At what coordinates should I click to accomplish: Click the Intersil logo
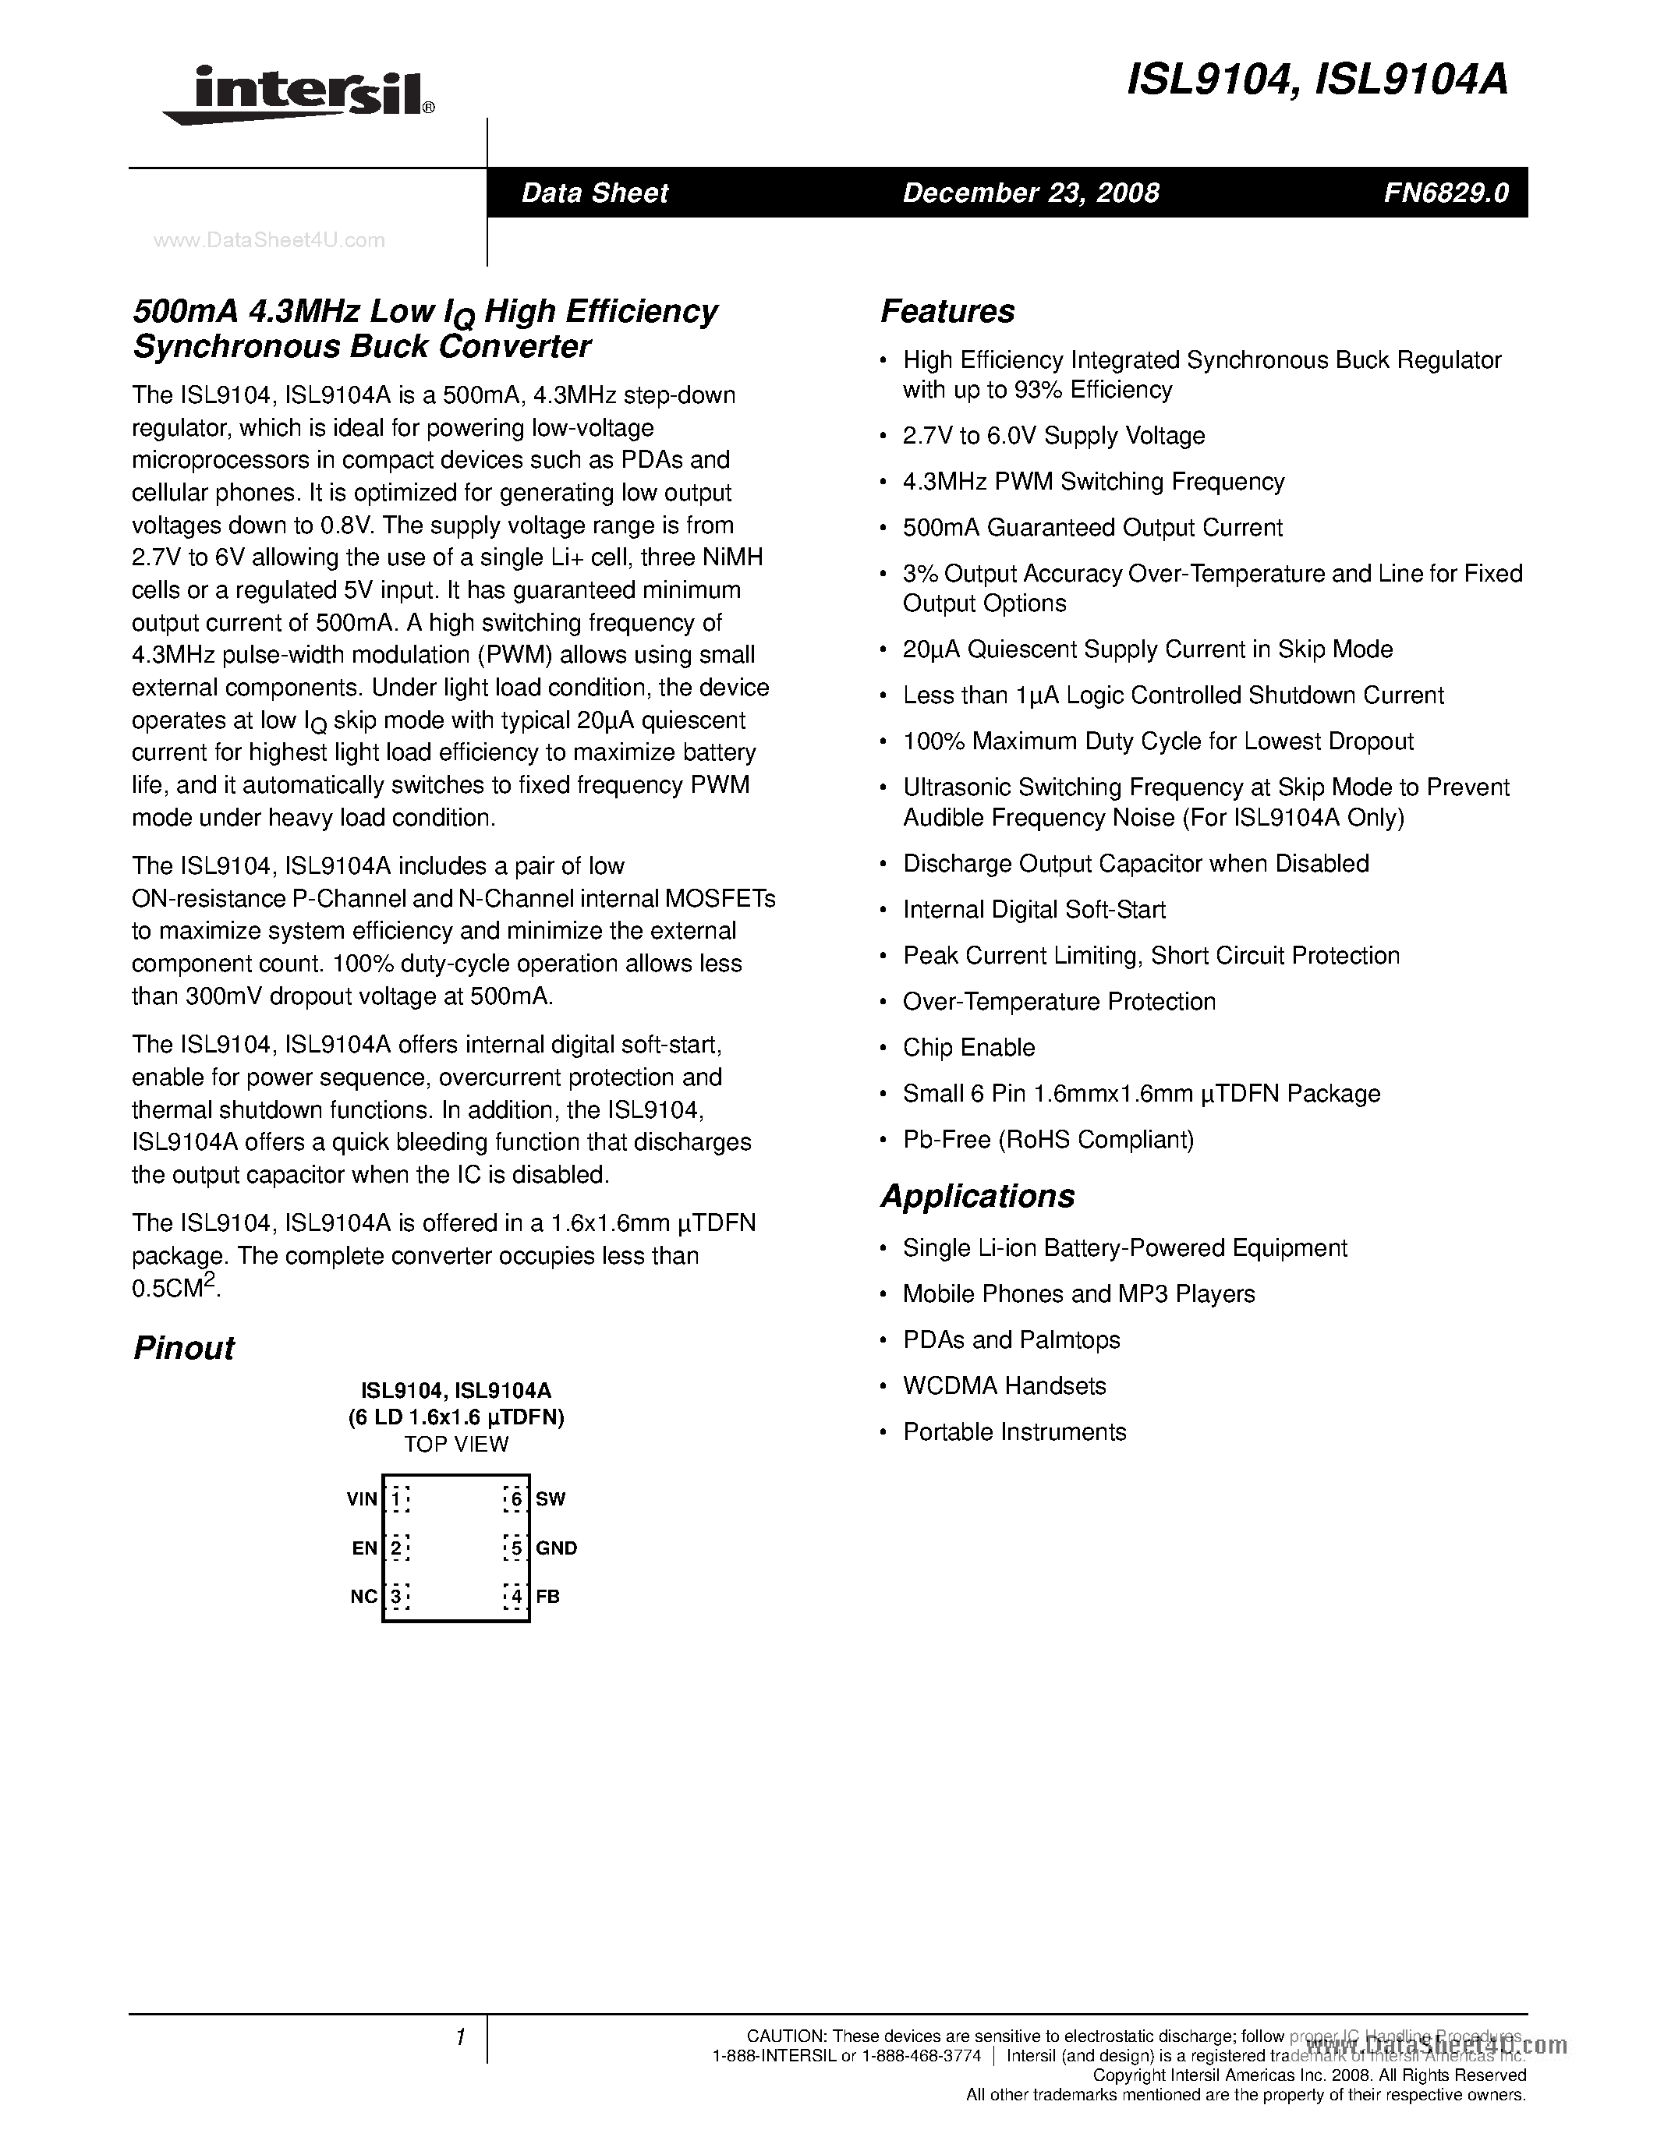point(297,94)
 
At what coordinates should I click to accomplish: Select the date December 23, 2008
point(1030,193)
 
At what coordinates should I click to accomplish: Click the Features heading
point(947,311)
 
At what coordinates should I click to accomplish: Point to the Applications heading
point(977,1196)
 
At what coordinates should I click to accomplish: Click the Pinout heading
point(182,1348)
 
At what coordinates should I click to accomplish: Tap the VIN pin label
point(361,1499)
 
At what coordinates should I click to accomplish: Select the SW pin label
point(550,1499)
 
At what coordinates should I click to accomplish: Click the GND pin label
point(556,1548)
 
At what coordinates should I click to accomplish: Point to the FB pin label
point(547,1596)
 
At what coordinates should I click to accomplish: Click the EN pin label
point(364,1548)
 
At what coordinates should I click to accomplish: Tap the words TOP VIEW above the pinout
point(455,1444)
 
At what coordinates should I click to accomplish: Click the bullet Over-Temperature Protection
point(1058,1001)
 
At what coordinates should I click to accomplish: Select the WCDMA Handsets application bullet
point(1004,1385)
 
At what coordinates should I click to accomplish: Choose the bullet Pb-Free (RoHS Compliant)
point(1047,1139)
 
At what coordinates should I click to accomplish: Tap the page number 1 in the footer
point(459,2037)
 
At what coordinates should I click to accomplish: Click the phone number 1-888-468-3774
point(921,2056)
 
